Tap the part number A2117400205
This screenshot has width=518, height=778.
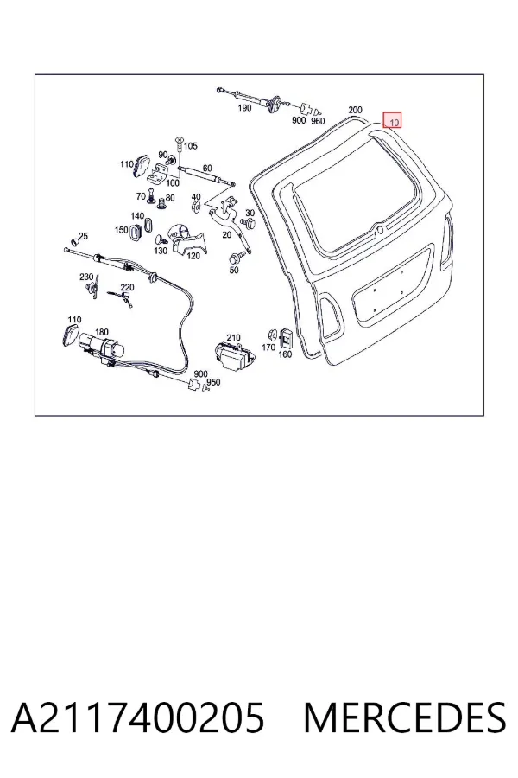tap(138, 718)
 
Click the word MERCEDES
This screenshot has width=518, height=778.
tap(405, 718)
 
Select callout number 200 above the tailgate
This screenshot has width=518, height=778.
tap(355, 110)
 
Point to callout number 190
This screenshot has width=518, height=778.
tap(245, 108)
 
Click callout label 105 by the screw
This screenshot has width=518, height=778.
tap(190, 146)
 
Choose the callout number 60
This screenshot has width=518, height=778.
tap(207, 169)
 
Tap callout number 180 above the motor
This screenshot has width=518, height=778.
tap(101, 332)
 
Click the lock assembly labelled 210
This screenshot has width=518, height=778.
tap(233, 355)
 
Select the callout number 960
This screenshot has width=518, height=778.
tap(317, 121)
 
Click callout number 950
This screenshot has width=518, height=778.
tap(213, 383)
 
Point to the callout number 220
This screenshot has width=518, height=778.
tap(127, 287)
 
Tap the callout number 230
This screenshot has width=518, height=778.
tap(86, 277)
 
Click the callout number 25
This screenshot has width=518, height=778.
tap(83, 237)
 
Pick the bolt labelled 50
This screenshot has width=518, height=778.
tap(234, 258)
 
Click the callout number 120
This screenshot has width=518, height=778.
tap(193, 256)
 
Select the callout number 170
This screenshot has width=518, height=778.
tap(268, 348)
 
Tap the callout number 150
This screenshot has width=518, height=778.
tap(122, 230)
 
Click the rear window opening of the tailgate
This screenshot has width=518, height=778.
tap(356, 191)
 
